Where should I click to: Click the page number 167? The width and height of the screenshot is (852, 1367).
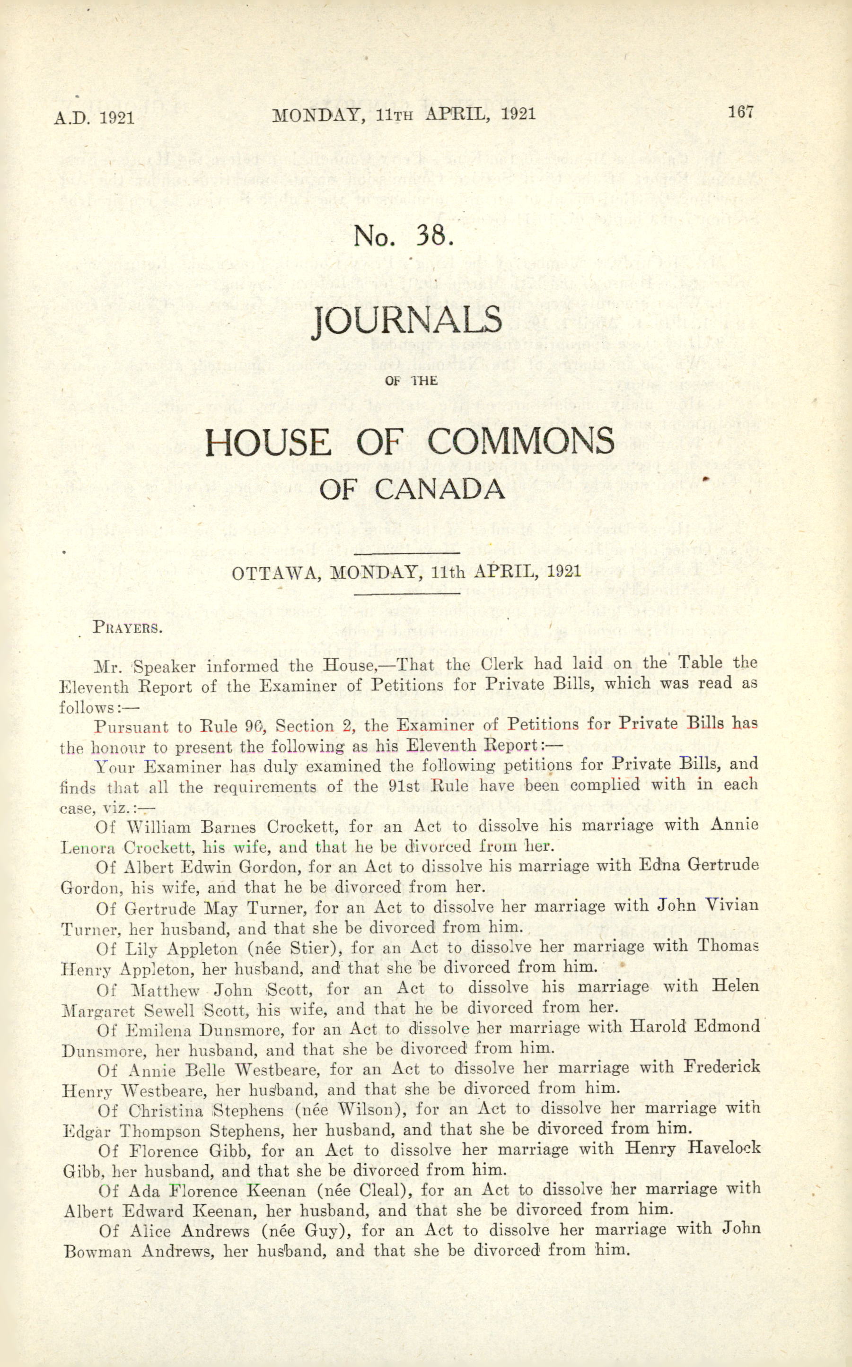740,111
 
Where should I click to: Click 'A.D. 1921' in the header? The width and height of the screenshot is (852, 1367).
94,118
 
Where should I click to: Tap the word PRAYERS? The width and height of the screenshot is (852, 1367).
127,627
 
